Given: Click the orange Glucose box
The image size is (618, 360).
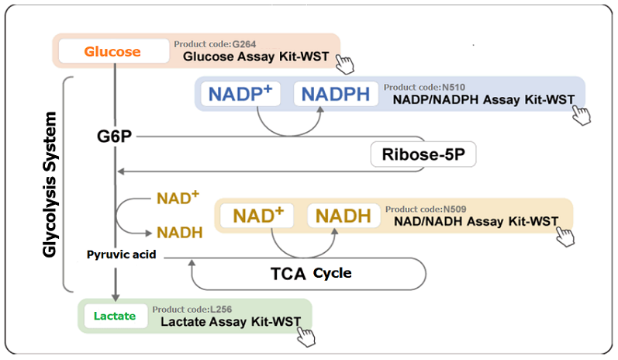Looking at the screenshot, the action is click(114, 51).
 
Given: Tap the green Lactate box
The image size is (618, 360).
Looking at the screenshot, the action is click(116, 316).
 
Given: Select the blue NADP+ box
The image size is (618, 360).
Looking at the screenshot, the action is click(240, 94).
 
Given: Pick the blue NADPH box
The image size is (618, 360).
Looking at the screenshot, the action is click(336, 94).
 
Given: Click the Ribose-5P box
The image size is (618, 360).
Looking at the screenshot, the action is click(423, 154).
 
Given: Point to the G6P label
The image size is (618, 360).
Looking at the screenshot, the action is click(114, 137).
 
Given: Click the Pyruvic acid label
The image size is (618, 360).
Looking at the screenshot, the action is click(122, 254).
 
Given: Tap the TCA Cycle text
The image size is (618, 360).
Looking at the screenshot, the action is click(311, 273).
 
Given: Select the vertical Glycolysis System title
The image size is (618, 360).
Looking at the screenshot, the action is click(50, 185).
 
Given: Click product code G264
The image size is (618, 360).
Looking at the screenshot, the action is click(216, 44).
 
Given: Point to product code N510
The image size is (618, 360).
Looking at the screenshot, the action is click(424, 87).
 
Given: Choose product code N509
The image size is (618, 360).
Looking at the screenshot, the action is click(426, 209).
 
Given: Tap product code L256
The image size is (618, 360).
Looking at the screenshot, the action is click(192, 309).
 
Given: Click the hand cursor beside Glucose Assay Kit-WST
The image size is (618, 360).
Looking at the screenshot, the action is click(345, 64).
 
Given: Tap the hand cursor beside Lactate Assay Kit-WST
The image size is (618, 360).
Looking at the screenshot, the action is click(306, 337).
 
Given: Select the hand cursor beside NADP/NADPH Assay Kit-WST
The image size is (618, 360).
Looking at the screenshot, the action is click(582, 115).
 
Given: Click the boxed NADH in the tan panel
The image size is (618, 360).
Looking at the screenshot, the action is click(344, 216).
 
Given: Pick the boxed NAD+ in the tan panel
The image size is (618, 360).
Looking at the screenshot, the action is click(257, 216).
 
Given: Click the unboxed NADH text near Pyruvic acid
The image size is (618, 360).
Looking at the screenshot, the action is click(180, 233).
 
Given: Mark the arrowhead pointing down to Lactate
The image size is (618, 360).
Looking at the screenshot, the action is click(116, 297).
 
